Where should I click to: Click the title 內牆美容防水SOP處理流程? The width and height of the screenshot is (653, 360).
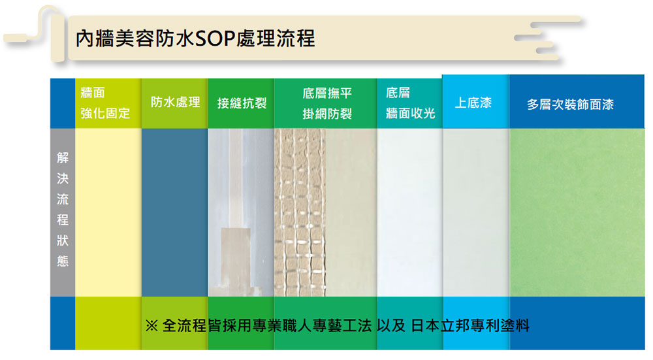195,39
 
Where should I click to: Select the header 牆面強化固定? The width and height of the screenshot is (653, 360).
105,103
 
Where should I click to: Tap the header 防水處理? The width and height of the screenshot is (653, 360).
175,103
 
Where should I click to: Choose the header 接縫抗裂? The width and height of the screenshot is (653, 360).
242,103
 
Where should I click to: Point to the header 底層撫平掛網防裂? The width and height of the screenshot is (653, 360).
327,103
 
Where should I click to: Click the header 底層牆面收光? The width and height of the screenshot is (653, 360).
410,103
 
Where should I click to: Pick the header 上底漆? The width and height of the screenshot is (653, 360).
473,103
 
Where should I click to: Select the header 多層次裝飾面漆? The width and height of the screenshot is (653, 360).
570,104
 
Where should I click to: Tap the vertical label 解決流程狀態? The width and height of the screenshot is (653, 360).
63,209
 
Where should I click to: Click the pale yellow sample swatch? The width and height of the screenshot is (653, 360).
108,212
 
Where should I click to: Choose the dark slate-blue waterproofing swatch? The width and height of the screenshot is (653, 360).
174,212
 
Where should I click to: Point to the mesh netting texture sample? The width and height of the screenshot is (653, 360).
300,212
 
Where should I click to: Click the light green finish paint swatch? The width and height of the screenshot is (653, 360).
577,212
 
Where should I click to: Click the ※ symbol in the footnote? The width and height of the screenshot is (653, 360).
151,326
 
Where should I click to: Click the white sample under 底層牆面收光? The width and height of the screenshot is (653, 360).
410,212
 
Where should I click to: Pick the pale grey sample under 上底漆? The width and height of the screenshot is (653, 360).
476,212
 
